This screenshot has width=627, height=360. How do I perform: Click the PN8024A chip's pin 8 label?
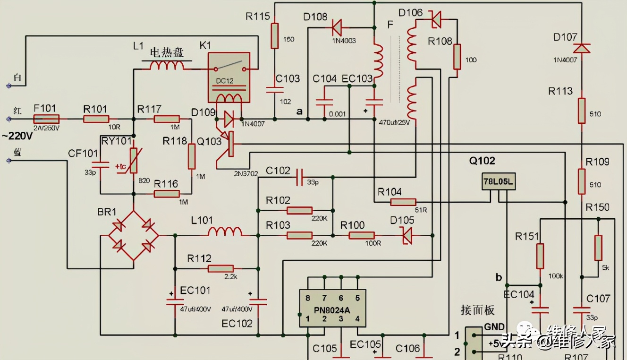click(x=307, y=298)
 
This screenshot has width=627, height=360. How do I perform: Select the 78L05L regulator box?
click(x=499, y=181)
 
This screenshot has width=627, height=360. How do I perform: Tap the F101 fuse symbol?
click(x=46, y=119)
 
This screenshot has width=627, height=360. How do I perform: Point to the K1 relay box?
click(x=229, y=77)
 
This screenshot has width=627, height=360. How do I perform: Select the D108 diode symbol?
click(x=337, y=28)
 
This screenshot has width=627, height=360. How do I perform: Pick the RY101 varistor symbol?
click(x=134, y=161)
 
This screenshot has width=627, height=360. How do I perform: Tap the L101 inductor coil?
click(x=225, y=231)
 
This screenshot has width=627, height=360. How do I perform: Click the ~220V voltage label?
click(x=17, y=137)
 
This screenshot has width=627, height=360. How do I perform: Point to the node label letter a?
click(x=299, y=111)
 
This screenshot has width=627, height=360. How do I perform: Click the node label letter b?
click(x=499, y=277)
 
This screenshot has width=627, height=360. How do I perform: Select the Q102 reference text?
click(x=482, y=161)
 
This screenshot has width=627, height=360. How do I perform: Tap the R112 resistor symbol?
click(x=220, y=269)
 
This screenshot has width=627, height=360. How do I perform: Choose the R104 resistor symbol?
click(x=403, y=202)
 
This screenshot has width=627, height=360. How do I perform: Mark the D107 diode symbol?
click(x=582, y=48)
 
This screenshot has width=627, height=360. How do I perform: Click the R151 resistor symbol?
click(x=540, y=256)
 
